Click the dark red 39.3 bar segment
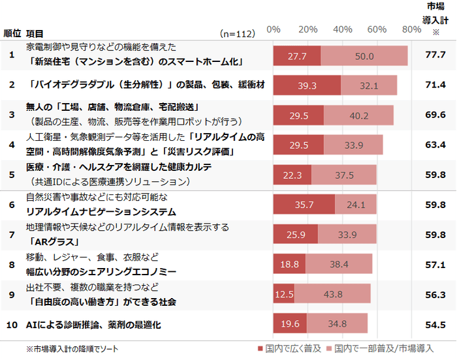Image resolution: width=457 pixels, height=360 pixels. click(306, 85)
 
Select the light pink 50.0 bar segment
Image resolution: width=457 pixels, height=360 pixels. click(364, 56)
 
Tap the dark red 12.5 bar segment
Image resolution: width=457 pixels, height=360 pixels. click(283, 294)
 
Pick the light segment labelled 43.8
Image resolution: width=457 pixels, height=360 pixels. click(332, 294)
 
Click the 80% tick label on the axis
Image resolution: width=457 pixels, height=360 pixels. click(412, 30)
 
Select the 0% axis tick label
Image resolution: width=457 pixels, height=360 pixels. click(274, 30)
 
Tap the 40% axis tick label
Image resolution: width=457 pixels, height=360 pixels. click(342, 30)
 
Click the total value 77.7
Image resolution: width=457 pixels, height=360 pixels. click(435, 55)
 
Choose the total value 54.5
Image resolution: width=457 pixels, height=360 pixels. click(435, 324)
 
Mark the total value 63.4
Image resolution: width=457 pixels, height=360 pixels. click(435, 145)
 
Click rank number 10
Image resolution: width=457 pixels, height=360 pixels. click(12, 324)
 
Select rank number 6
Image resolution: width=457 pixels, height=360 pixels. click(12, 205)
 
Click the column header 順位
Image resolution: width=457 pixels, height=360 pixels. click(12, 33)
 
